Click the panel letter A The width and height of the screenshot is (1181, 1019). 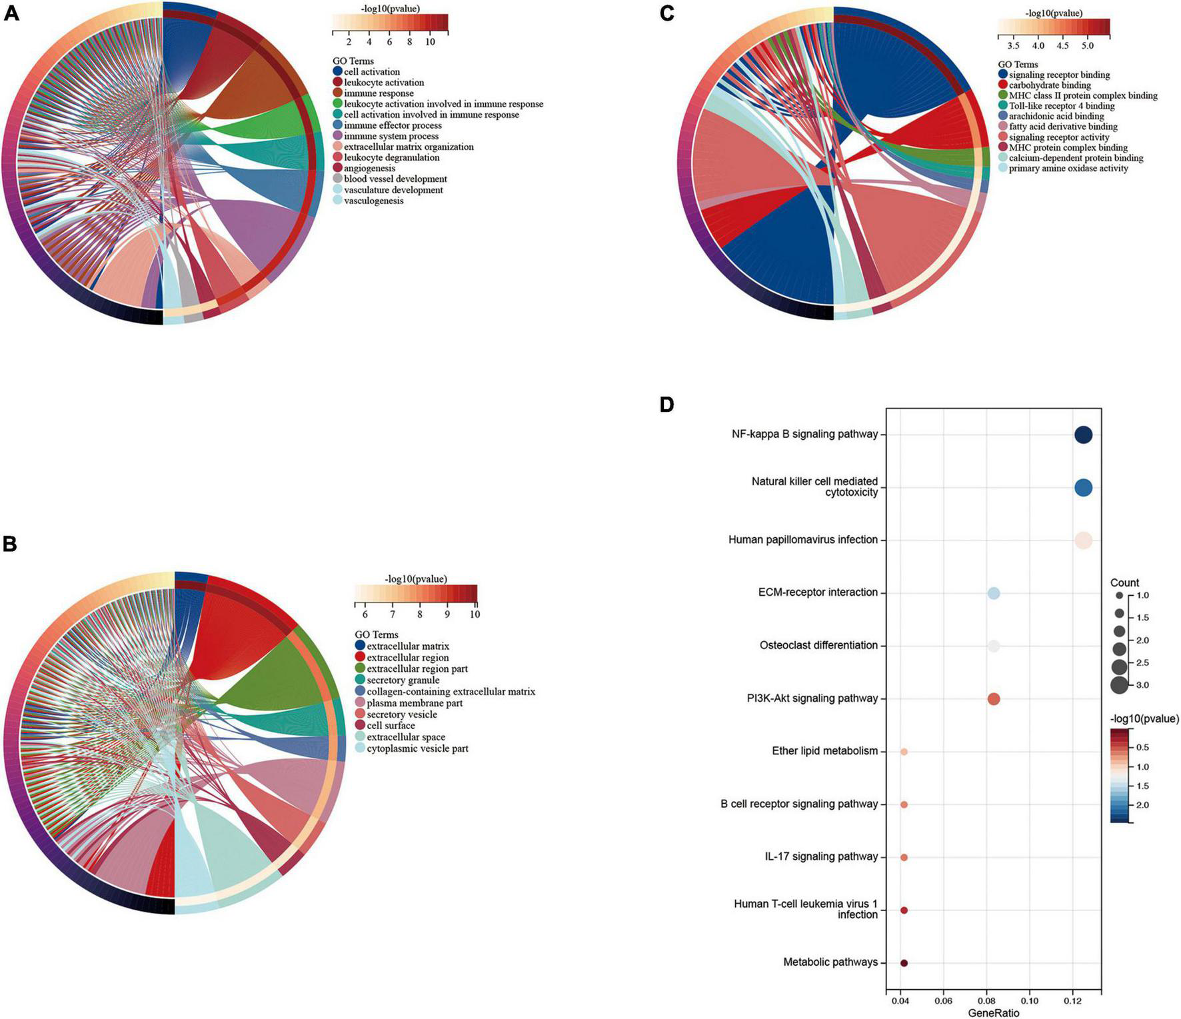11,13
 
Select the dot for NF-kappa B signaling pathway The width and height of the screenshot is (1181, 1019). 1083,435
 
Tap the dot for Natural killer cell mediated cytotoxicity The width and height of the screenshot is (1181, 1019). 1083,488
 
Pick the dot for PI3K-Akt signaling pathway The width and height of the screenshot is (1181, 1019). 993,699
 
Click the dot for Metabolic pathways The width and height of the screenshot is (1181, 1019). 904,963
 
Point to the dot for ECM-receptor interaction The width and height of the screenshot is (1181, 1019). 993,593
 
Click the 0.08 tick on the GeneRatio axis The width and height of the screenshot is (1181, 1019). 986,1001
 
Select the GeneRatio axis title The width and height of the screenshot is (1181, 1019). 993,1013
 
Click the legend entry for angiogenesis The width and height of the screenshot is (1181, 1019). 369,169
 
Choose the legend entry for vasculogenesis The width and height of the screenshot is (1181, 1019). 373,201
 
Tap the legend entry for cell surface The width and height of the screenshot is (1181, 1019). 391,726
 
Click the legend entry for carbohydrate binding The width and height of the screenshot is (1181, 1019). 1050,85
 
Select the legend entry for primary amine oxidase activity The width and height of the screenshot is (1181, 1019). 1068,169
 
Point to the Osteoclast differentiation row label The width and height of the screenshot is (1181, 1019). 818,645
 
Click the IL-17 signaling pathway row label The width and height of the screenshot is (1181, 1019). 821,857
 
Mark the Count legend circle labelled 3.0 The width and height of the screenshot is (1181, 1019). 1119,684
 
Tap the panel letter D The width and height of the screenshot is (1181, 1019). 666,405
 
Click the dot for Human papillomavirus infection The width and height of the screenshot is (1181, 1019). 1083,540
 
